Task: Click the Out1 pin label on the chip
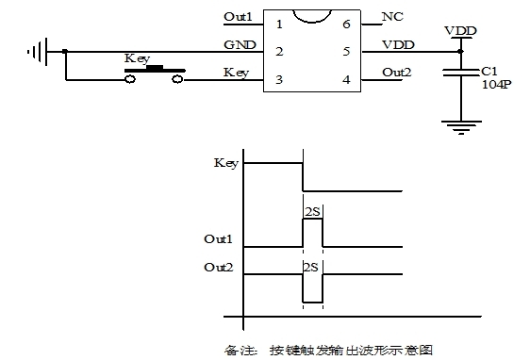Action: tap(239, 18)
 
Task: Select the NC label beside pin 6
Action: tap(393, 18)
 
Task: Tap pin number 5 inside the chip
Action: tap(346, 50)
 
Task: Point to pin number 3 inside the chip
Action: tap(279, 80)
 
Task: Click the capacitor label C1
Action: tap(489, 70)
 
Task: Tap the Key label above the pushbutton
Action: tap(138, 58)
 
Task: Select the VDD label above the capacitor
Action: tap(461, 30)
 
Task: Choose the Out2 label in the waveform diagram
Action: tap(219, 268)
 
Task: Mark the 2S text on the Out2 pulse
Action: tap(312, 267)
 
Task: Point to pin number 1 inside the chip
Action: tap(279, 22)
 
